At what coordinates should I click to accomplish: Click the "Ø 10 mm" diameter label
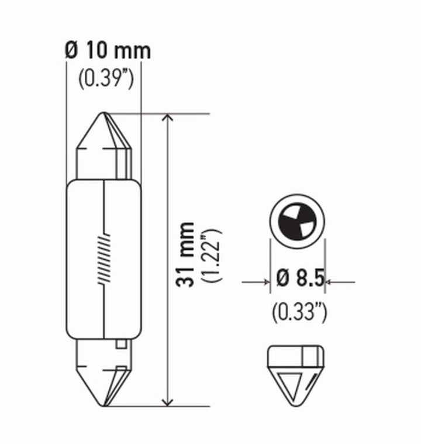click(x=108, y=51)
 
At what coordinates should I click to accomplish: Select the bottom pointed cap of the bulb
click(x=104, y=380)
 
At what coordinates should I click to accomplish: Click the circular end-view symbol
click(x=296, y=221)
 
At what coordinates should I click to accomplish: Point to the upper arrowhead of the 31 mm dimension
click(x=168, y=119)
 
